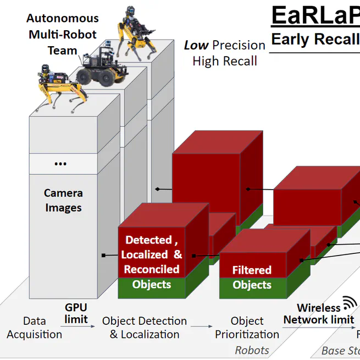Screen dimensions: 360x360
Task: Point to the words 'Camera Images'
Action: [x=63, y=201]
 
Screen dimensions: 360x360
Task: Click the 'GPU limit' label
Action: [x=76, y=313]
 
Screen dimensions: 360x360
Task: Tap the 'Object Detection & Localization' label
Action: [x=145, y=328]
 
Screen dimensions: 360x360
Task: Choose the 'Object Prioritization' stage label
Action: [x=247, y=328]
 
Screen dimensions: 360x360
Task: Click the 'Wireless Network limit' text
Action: [x=319, y=314]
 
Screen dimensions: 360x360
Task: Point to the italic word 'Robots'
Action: [x=252, y=350]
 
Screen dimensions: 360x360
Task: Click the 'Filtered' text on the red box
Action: [x=252, y=270]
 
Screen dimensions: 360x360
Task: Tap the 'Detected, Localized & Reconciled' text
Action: [x=152, y=254]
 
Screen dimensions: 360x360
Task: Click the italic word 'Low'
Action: [x=196, y=45]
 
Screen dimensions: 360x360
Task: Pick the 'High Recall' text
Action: [x=225, y=60]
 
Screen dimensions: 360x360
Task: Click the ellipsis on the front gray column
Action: [x=61, y=163]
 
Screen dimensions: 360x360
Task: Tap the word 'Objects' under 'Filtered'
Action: [x=252, y=285]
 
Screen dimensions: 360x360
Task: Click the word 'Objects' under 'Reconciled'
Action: [x=152, y=284]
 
